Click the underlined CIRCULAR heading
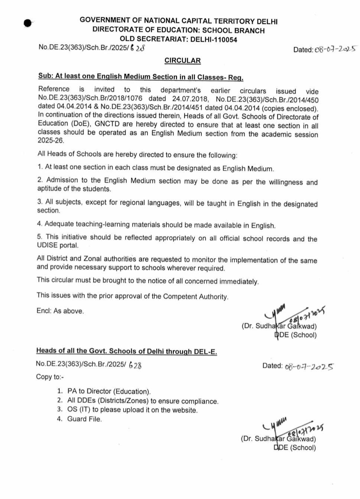click(x=182, y=61)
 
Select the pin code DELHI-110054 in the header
click(x=214, y=40)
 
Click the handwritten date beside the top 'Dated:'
click(x=335, y=49)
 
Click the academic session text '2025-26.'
click(x=51, y=141)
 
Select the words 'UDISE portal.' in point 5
click(x=58, y=245)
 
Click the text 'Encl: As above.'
click(x=60, y=311)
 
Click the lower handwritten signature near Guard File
click(x=293, y=428)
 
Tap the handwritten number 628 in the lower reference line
click(x=135, y=365)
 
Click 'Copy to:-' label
click(x=50, y=377)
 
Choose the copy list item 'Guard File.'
click(x=84, y=419)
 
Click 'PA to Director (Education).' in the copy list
click(x=109, y=392)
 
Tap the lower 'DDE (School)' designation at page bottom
click(x=295, y=448)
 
